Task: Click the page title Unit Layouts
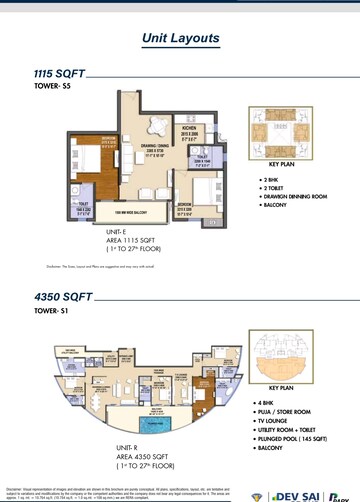[180, 38]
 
